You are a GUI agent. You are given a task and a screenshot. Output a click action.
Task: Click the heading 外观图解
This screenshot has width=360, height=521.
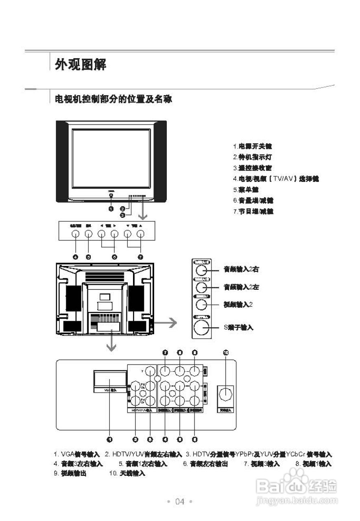tap(81, 64)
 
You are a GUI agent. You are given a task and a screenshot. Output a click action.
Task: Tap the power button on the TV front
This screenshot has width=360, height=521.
tap(111, 197)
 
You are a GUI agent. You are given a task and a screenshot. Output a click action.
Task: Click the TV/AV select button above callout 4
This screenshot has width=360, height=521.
tap(75, 234)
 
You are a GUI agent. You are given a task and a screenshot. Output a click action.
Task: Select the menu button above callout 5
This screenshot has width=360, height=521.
tap(88, 234)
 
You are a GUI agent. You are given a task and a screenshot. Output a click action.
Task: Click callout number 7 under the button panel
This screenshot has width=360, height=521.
tap(140, 257)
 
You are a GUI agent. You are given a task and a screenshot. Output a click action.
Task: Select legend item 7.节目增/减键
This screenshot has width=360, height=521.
tap(253, 211)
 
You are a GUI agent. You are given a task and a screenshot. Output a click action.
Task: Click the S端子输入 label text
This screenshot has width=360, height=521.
tap(238, 327)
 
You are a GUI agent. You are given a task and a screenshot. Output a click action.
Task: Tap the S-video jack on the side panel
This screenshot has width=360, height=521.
tap(201, 327)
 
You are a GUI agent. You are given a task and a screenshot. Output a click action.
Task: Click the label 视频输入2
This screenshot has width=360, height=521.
tap(238, 304)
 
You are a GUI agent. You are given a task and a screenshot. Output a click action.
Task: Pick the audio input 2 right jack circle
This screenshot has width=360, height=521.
tap(201, 270)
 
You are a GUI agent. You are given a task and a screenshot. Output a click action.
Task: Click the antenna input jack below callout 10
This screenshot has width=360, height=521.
tap(226, 394)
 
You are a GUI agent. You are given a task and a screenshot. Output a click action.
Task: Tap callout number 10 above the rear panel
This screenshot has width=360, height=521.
tap(226, 352)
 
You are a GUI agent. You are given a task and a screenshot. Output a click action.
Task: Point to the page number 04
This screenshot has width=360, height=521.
tap(180, 501)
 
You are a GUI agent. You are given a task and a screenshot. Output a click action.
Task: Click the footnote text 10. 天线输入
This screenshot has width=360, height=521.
tap(127, 473)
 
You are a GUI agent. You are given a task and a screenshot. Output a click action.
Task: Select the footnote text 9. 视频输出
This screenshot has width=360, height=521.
tap(70, 473)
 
